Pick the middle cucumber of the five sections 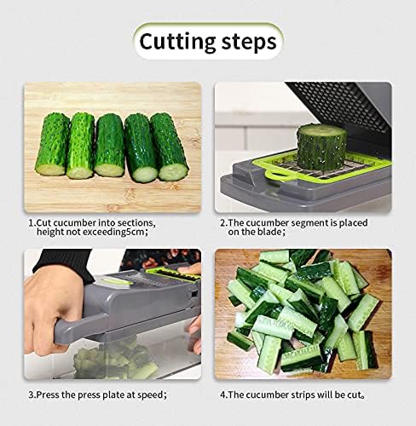(x=109, y=145)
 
